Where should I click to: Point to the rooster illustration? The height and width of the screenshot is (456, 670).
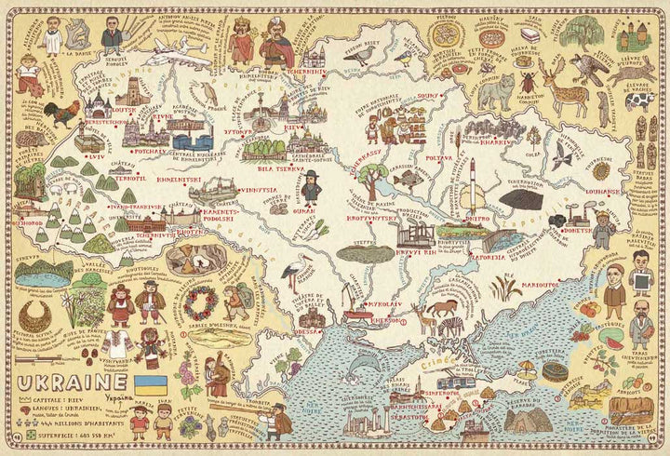[60, 114]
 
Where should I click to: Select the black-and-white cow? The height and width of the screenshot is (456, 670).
[639, 99]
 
